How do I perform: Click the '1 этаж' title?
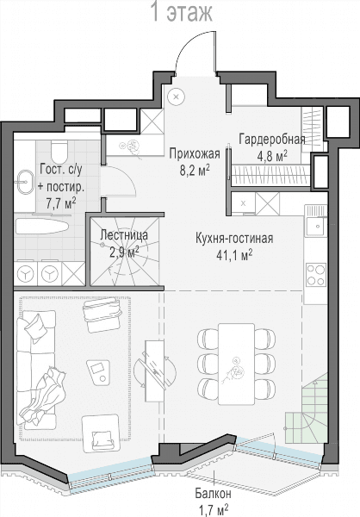[181, 12]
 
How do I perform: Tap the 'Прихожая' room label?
[195, 153]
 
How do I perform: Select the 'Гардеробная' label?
[272, 139]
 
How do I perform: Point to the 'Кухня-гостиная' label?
[234, 238]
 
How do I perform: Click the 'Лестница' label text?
[124, 235]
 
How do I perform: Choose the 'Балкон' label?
[213, 494]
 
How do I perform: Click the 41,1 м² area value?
[234, 255]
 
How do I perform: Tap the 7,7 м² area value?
[61, 203]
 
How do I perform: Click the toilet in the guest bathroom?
[59, 150]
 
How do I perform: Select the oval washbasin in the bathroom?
[25, 182]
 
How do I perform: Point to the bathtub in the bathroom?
[42, 227]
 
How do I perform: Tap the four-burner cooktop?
[315, 274]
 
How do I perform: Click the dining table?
[236, 364]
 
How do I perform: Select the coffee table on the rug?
[98, 372]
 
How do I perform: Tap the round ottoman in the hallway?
[176, 97]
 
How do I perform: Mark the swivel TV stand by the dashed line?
[155, 371]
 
